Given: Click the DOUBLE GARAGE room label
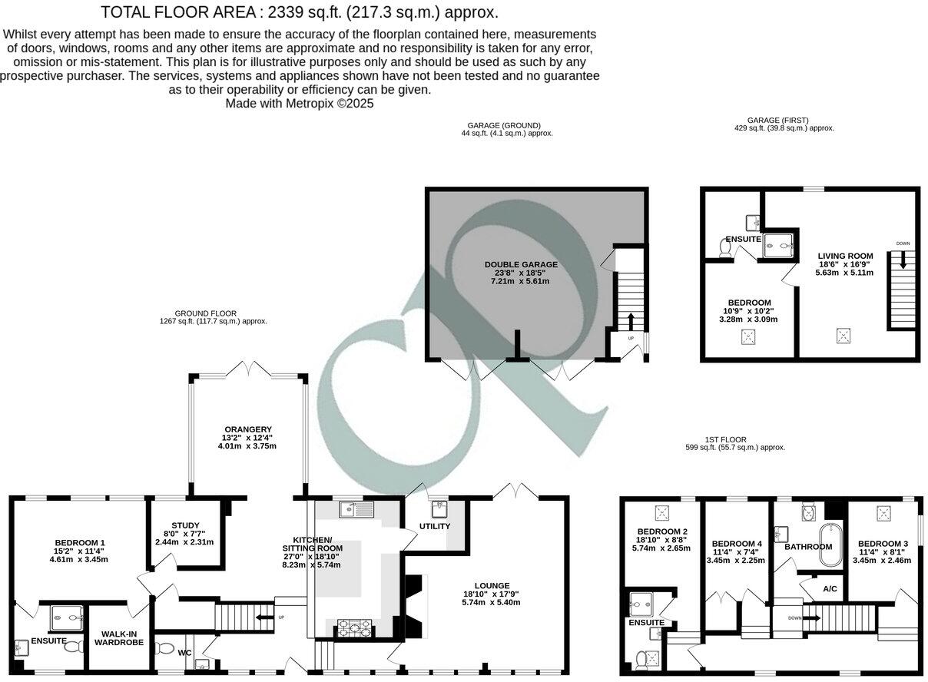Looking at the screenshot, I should tap(521, 265).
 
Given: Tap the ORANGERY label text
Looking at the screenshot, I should tap(247, 429).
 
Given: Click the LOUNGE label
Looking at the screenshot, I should tap(491, 586).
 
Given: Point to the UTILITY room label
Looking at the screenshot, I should tap(434, 526).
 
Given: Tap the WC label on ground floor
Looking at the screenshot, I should tap(186, 652).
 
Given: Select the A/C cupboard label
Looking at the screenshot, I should tap(830, 589).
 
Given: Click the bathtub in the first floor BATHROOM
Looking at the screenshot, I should tap(830, 547).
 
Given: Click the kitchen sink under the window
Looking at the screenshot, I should tap(356, 508).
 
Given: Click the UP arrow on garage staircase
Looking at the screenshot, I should tap(631, 319).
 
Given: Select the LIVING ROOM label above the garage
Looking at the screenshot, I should tap(845, 256).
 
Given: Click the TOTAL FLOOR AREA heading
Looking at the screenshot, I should tap(300, 12).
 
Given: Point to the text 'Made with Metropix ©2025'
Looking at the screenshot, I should tap(300, 104).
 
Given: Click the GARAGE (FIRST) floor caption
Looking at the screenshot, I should tap(777, 120).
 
